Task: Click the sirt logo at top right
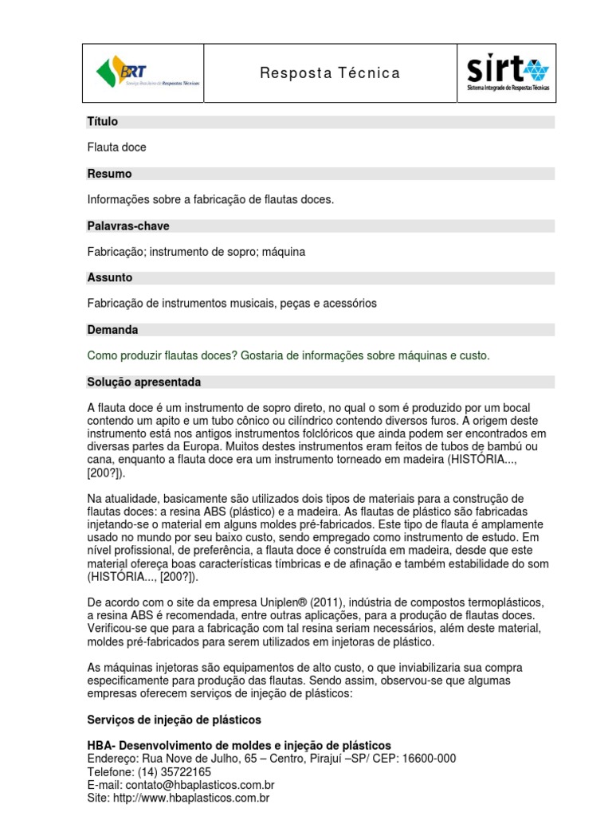coord(507,73)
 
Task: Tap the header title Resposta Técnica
coord(330,73)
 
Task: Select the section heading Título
coord(103,122)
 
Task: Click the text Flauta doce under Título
coord(116,147)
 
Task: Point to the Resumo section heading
coord(109,174)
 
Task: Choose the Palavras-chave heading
coord(127,226)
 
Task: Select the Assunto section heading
coord(109,278)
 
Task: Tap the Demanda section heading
coord(112,330)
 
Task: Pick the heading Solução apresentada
coord(143,382)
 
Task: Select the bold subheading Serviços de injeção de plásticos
coord(174,720)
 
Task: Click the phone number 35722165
coord(186,772)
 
